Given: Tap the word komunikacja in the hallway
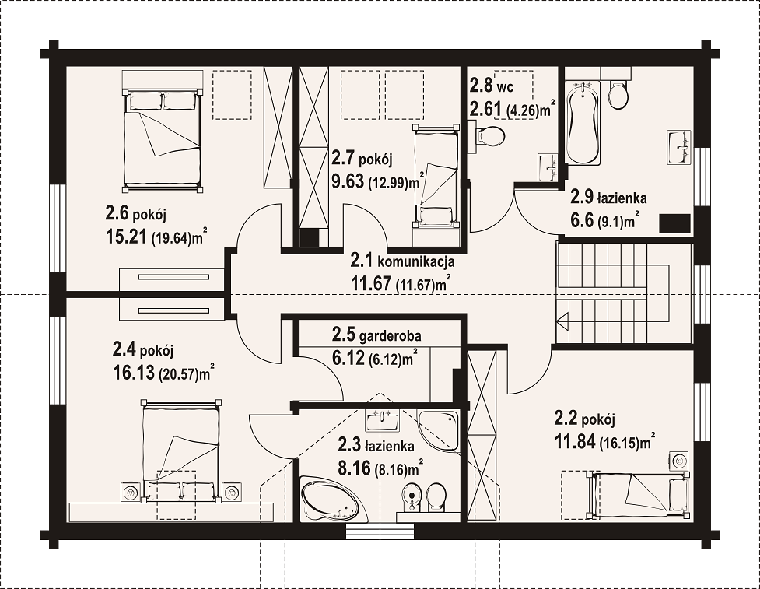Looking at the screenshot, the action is coord(416,262).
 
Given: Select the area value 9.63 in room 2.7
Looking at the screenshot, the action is coord(348,181).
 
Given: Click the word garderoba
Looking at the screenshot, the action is coord(391,335).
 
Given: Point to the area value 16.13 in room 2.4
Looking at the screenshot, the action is coord(134,373).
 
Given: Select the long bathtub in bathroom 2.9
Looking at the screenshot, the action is coord(582,123).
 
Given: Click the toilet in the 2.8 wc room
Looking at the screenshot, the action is coord(489,135).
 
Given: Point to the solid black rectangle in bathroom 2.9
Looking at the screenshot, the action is coord(674,223).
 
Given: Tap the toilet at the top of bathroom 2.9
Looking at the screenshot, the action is coord(618,94).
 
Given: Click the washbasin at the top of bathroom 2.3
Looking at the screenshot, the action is coord(382,421).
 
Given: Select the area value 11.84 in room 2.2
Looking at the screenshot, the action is coord(574,442).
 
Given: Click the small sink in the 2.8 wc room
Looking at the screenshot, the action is coord(548,168).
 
